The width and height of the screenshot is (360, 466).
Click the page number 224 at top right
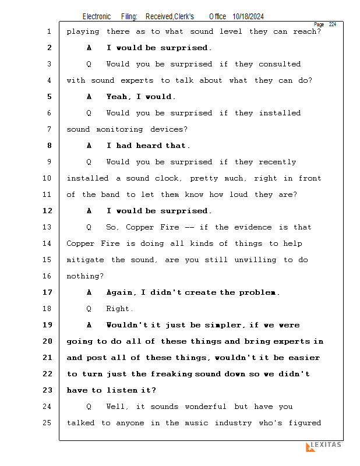point(332,24)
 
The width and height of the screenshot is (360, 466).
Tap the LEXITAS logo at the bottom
point(324,446)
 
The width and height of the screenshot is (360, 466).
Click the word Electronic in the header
point(97,17)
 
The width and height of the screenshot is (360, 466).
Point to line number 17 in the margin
point(47,292)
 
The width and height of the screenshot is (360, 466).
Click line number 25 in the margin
point(47,423)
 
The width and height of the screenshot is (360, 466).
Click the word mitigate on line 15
point(86,260)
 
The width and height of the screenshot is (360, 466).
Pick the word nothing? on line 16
point(86,276)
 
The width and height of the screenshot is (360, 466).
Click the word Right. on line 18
point(120,309)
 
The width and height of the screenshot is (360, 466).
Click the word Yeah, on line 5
point(119,97)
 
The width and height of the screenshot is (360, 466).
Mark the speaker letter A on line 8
point(89,146)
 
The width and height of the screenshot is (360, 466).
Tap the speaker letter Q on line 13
point(89,227)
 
